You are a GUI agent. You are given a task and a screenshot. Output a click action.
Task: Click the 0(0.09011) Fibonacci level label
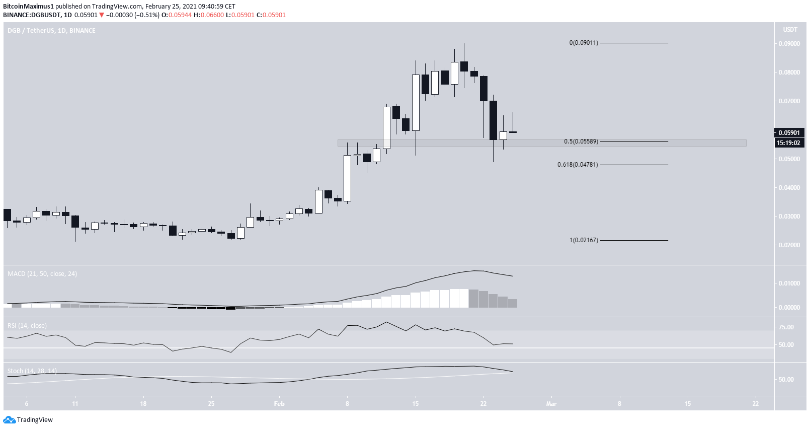click(x=584, y=43)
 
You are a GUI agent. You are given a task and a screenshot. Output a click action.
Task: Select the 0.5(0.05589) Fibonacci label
click(x=581, y=141)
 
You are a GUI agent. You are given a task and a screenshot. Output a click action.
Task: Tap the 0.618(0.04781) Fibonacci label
click(x=578, y=165)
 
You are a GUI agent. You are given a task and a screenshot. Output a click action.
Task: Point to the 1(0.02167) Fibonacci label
click(x=584, y=240)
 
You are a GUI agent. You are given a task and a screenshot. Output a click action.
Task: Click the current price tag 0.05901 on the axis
click(x=789, y=133)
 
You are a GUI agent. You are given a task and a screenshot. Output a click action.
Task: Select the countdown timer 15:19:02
click(x=789, y=143)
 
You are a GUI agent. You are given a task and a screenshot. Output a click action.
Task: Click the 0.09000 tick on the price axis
click(x=789, y=44)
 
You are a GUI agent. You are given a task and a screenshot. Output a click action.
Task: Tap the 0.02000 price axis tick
click(x=789, y=245)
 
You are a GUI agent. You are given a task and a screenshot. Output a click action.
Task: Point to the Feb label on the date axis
click(x=279, y=404)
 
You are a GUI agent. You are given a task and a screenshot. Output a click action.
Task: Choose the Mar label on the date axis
click(x=551, y=404)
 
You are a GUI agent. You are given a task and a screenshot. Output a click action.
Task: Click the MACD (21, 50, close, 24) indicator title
click(x=42, y=274)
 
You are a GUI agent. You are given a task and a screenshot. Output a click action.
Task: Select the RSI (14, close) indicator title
click(x=27, y=326)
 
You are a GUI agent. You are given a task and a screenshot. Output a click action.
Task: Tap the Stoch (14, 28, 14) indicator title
click(x=32, y=371)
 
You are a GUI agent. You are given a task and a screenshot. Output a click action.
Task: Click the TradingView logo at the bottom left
click(x=28, y=420)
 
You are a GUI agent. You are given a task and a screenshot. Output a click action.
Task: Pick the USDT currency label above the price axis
click(x=790, y=30)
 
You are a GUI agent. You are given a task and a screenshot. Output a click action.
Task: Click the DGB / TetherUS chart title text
click(x=51, y=31)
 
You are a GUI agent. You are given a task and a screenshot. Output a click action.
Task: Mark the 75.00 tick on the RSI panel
click(x=786, y=327)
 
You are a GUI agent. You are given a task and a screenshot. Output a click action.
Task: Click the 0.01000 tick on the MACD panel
click(x=789, y=283)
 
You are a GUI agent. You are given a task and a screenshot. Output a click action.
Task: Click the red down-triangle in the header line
click(x=102, y=15)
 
